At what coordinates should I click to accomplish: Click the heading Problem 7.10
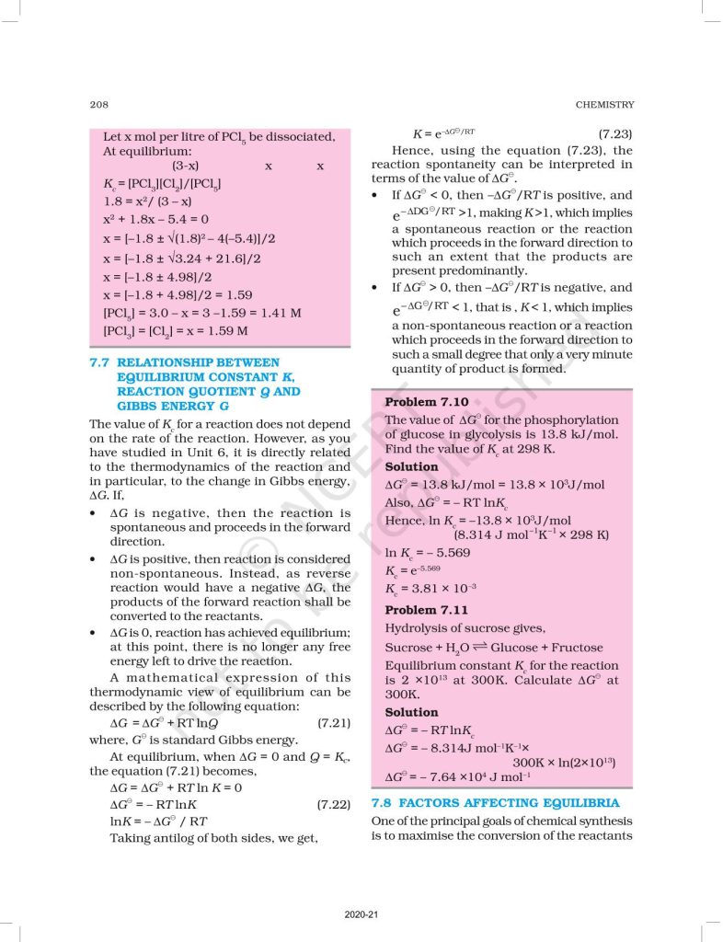[426, 402]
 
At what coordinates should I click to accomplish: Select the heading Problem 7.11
[426, 610]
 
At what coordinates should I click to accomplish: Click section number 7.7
[99, 362]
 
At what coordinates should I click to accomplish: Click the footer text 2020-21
[361, 913]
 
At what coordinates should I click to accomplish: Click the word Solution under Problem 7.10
[411, 466]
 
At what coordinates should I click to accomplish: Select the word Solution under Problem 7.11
[411, 712]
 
